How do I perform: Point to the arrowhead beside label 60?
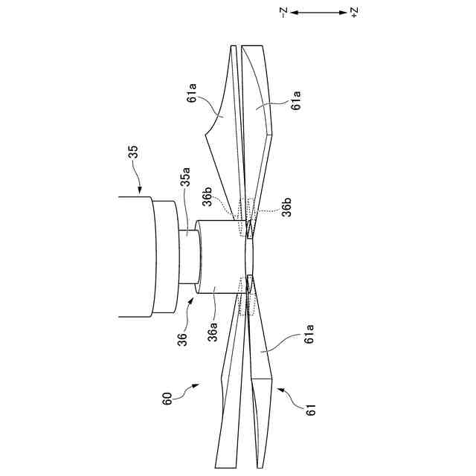click(x=195, y=385)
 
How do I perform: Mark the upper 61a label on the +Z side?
click(x=296, y=101)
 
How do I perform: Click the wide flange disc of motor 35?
click(x=164, y=257)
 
